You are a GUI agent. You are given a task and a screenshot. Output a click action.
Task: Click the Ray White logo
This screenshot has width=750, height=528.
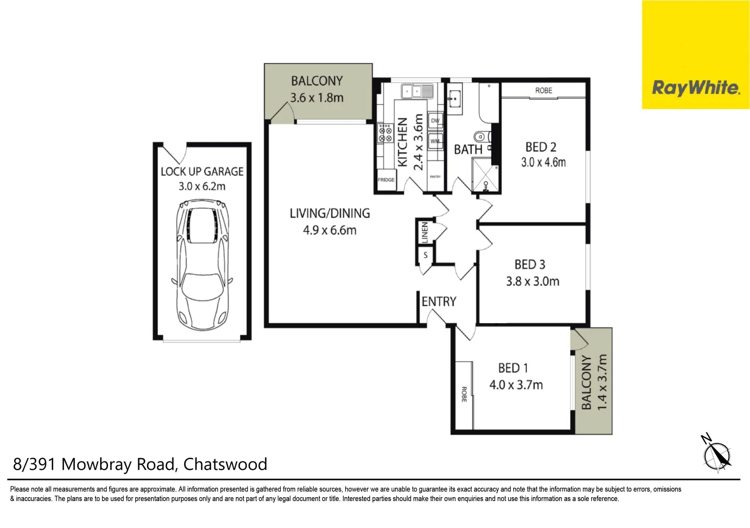coord(695,88)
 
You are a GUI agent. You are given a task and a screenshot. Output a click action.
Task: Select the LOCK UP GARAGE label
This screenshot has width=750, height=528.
coord(202,172)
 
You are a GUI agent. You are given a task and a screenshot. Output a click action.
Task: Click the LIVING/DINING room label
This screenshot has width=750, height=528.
coord(330,213)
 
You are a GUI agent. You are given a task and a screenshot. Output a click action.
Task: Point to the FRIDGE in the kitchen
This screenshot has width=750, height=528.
coord(386,180)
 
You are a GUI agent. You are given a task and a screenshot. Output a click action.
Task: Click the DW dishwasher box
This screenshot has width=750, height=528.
coord(435,121)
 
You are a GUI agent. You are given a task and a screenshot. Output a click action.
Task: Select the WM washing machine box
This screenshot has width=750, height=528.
coord(435,141)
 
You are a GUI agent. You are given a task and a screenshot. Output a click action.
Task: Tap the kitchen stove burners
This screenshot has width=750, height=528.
coord(385,133)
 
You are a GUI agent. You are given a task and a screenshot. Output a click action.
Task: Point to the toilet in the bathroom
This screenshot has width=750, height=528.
coord(480,136)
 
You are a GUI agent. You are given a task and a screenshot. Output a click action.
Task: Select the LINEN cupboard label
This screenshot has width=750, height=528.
coord(425,232)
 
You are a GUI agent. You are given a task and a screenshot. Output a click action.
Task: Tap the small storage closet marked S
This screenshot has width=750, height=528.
coord(425,255)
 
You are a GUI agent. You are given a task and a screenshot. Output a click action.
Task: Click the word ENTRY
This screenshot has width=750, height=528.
coord(439,302)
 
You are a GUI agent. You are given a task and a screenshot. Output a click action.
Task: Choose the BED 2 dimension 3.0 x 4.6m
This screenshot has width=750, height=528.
coord(543,162)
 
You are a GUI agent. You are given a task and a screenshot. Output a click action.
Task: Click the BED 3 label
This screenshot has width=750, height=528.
coord(529,264)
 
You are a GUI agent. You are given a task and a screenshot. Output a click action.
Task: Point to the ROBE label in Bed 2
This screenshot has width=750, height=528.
coord(543,90)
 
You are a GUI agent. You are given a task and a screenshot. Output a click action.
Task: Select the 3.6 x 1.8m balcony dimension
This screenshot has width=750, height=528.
coord(317,98)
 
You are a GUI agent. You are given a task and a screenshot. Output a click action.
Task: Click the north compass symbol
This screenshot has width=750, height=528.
coord(717,455)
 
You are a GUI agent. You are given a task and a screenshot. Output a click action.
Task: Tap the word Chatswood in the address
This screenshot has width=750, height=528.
coord(225,464)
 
